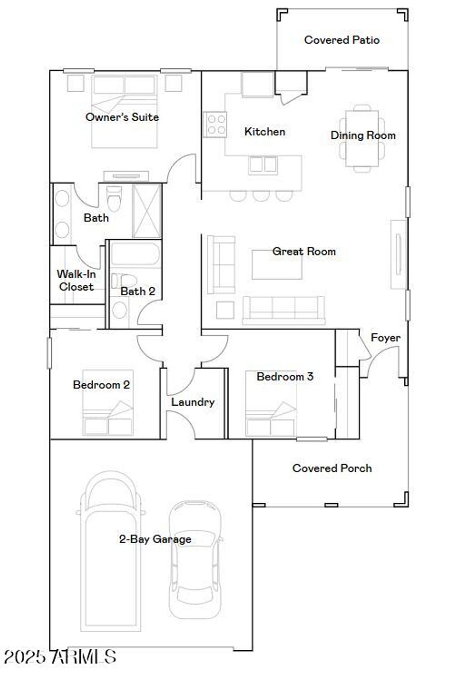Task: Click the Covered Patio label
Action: point(342,40)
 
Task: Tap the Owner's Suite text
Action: point(122,117)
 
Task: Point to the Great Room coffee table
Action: point(277,265)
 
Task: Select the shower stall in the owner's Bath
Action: point(147,211)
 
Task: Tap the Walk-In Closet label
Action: point(76,280)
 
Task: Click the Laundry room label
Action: point(193,402)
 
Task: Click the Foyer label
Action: point(385,338)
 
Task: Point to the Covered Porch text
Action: point(332,468)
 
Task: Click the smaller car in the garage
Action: point(194,560)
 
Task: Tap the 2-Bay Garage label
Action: point(155,539)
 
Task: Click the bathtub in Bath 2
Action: point(135,254)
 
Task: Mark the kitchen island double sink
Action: point(263,165)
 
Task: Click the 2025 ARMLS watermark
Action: point(60,657)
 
